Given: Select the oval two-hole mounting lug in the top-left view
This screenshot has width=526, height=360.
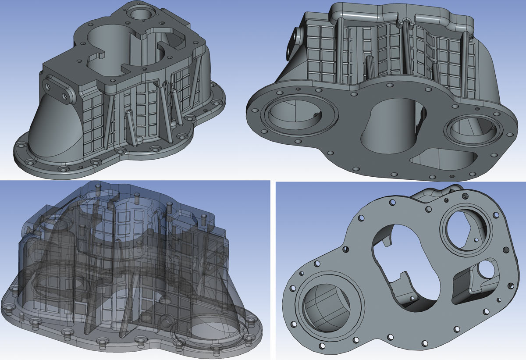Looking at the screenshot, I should pos(58,89).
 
